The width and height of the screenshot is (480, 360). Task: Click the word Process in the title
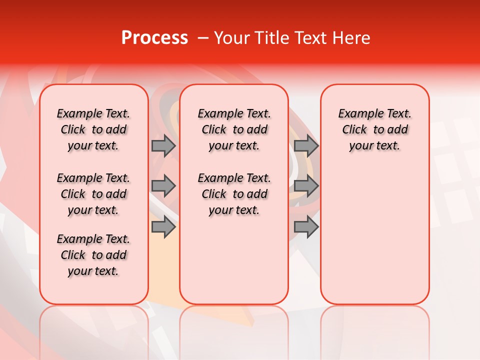154,38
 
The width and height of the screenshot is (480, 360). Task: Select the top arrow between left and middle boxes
163,145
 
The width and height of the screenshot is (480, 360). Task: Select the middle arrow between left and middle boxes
163,186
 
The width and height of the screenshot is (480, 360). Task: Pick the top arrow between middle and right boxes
306,145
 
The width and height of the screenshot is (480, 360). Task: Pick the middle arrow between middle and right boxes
306,186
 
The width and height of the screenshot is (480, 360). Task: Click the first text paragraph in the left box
93,129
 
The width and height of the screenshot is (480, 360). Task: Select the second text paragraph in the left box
93,194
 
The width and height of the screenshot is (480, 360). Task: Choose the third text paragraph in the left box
93,255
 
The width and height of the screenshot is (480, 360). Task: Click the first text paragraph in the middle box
234,129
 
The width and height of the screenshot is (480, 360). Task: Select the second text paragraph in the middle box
234,194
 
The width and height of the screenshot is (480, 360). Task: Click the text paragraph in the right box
374,129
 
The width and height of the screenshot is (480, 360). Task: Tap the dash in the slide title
203,38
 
